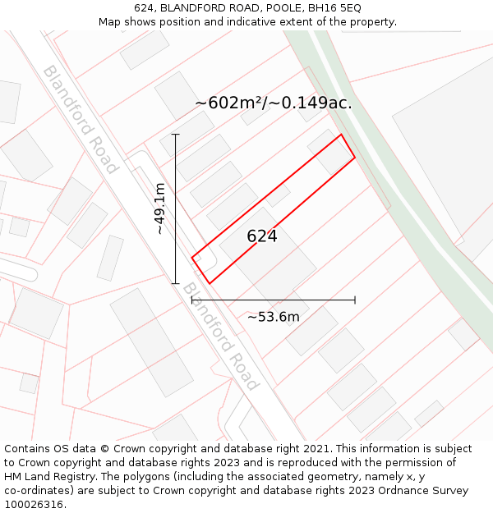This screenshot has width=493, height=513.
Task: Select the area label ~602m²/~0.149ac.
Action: [274, 103]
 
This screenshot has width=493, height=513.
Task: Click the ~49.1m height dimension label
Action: [159, 208]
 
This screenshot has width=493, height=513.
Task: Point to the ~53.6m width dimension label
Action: [274, 317]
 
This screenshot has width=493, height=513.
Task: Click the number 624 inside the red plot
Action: [262, 236]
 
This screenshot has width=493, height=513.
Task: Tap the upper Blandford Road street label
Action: [81, 119]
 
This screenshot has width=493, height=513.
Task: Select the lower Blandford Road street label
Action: [220, 337]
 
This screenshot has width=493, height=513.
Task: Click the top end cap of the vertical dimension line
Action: [175, 134]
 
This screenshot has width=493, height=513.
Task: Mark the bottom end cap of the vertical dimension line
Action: [175, 283]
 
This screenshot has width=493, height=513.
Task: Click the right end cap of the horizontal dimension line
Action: [355, 300]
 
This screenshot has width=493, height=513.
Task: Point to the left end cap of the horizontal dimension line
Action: [192, 300]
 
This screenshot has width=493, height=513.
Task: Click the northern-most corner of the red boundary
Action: [341, 135]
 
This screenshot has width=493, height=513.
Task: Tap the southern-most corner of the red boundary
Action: [210, 284]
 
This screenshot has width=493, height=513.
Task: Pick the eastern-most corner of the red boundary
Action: [355, 158]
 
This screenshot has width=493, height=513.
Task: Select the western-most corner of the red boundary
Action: [192, 259]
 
